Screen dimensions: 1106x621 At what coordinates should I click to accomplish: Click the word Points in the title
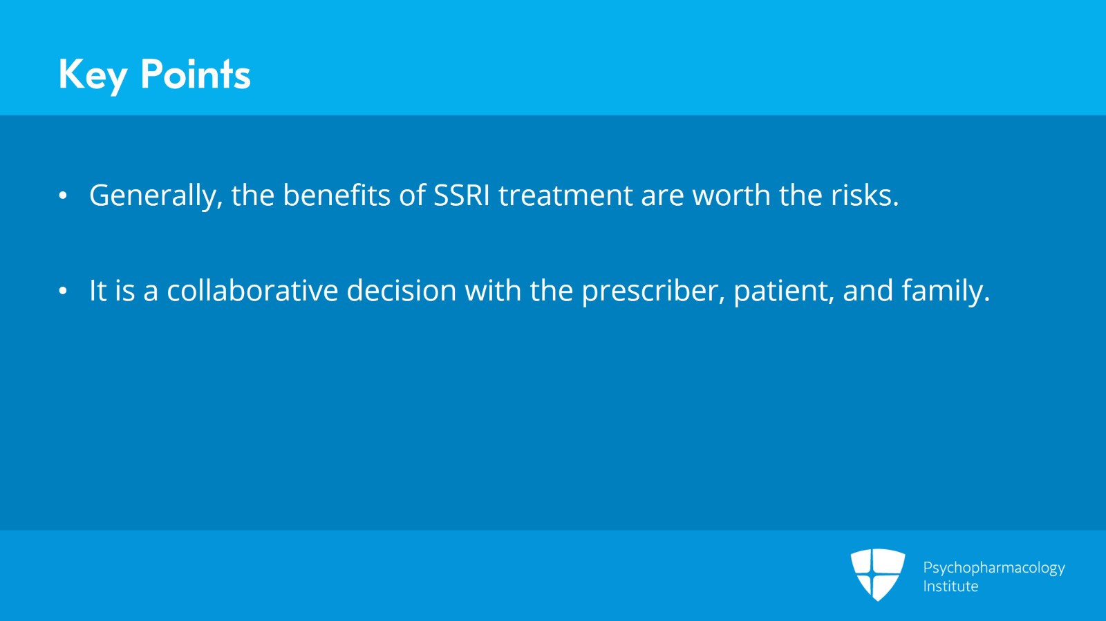(x=196, y=74)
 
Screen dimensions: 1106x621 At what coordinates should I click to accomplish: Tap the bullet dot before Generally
(x=63, y=195)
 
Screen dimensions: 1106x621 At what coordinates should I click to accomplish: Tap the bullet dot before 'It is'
(x=63, y=291)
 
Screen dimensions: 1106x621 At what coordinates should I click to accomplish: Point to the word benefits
(x=337, y=195)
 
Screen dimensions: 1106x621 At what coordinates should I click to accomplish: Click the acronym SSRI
(x=461, y=195)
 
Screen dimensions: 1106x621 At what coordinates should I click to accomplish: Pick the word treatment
(x=565, y=195)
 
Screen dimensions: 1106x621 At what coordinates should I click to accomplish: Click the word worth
(x=731, y=195)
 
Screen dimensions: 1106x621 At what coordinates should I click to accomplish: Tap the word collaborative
(x=252, y=290)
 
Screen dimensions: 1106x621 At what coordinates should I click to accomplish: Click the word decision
(x=402, y=290)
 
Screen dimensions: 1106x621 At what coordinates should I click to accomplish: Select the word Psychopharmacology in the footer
(x=994, y=569)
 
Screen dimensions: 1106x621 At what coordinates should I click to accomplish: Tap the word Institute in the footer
(x=950, y=586)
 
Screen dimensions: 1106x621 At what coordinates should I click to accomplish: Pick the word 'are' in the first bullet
(x=662, y=198)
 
